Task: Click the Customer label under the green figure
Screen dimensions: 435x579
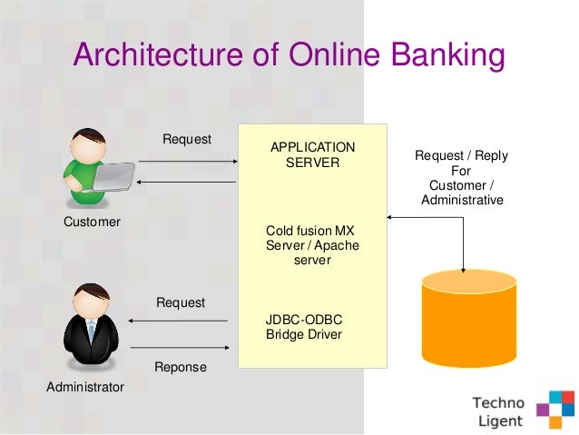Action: (x=91, y=222)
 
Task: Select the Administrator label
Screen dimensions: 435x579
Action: (x=84, y=387)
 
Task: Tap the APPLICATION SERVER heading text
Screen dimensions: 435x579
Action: (x=313, y=155)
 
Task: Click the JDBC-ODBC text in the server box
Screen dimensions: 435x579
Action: (x=303, y=319)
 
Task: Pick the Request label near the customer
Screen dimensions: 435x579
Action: (x=187, y=139)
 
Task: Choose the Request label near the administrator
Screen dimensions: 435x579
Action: (x=181, y=302)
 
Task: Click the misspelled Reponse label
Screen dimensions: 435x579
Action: (x=181, y=367)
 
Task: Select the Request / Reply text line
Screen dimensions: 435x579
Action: (x=461, y=155)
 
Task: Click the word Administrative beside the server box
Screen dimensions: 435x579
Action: (x=462, y=200)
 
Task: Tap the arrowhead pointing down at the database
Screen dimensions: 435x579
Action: (x=464, y=268)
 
